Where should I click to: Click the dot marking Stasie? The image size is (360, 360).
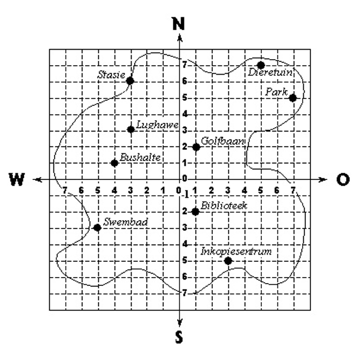pyautogui.click(x=130, y=81)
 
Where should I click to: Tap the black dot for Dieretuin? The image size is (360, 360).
pyautogui.click(x=261, y=65)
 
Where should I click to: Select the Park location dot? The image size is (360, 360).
pyautogui.click(x=293, y=98)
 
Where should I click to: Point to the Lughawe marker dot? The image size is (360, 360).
pyautogui.click(x=130, y=129)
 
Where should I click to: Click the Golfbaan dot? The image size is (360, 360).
pyautogui.click(x=196, y=147)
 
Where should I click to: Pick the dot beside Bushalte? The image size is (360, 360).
pyautogui.click(x=114, y=163)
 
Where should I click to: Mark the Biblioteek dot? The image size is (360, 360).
pyautogui.click(x=196, y=212)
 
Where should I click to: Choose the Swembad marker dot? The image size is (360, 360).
pyautogui.click(x=98, y=228)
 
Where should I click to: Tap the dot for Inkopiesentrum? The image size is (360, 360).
pyautogui.click(x=228, y=261)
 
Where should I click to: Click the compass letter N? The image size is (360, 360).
pyautogui.click(x=179, y=24)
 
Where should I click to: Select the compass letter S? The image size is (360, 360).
pyautogui.click(x=179, y=337)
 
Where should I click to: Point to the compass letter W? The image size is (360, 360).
pyautogui.click(x=17, y=179)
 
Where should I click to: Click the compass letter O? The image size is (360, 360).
pyautogui.click(x=343, y=179)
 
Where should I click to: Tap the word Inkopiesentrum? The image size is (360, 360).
pyautogui.click(x=236, y=251)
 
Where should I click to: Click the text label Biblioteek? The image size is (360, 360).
pyautogui.click(x=224, y=206)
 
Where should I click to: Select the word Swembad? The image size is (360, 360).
pyautogui.click(x=125, y=222)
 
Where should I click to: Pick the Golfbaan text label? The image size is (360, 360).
pyautogui.click(x=222, y=141)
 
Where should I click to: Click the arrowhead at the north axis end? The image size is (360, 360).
pyautogui.click(x=180, y=38)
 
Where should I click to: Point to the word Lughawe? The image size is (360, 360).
pyautogui.click(x=157, y=125)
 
